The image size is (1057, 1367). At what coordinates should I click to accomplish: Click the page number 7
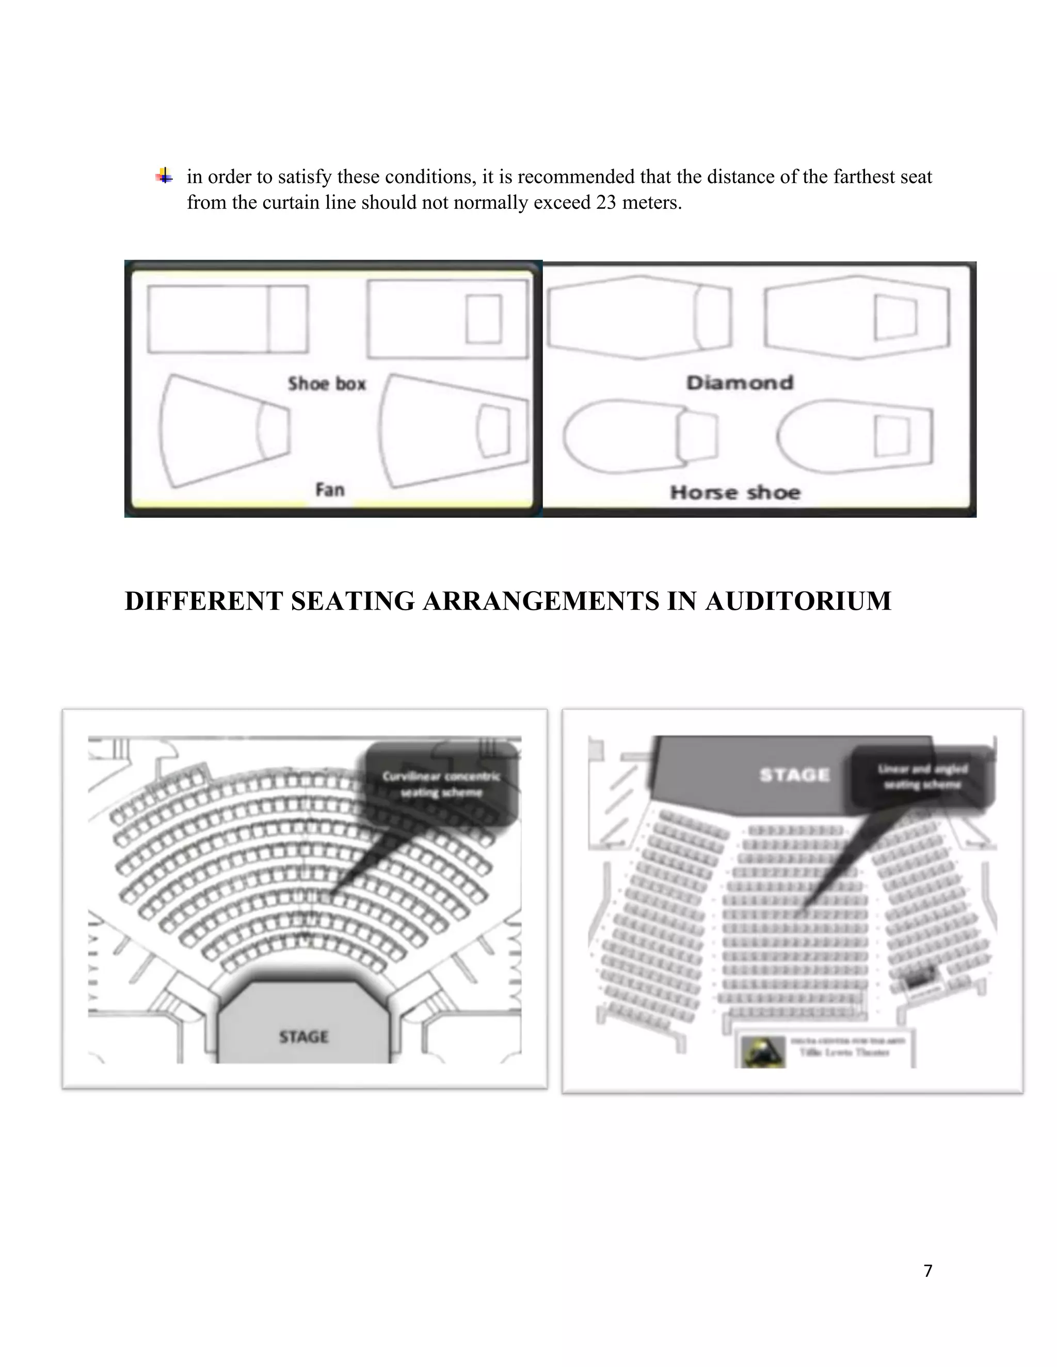pos(927,1271)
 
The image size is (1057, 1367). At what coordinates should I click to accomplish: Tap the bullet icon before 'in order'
pos(164,176)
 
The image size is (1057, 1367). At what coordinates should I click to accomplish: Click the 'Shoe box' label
pos(326,384)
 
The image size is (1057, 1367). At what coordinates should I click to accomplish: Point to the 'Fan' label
pos(329,489)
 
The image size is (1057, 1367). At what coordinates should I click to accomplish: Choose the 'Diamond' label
pos(740,382)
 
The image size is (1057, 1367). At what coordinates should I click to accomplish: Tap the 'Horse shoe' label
pos(735,493)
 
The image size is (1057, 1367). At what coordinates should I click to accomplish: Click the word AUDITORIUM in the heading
pos(798,601)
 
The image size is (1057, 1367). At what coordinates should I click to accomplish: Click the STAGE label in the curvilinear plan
pos(303,1036)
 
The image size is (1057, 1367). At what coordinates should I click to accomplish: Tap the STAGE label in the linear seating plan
pos(794,775)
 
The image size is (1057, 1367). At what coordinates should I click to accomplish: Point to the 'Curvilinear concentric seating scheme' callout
pos(441,784)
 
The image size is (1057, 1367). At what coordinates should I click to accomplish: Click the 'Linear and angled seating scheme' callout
pos(922,776)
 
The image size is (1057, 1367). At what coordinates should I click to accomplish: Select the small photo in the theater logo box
pos(763,1052)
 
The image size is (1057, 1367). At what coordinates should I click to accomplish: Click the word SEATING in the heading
pos(353,601)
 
